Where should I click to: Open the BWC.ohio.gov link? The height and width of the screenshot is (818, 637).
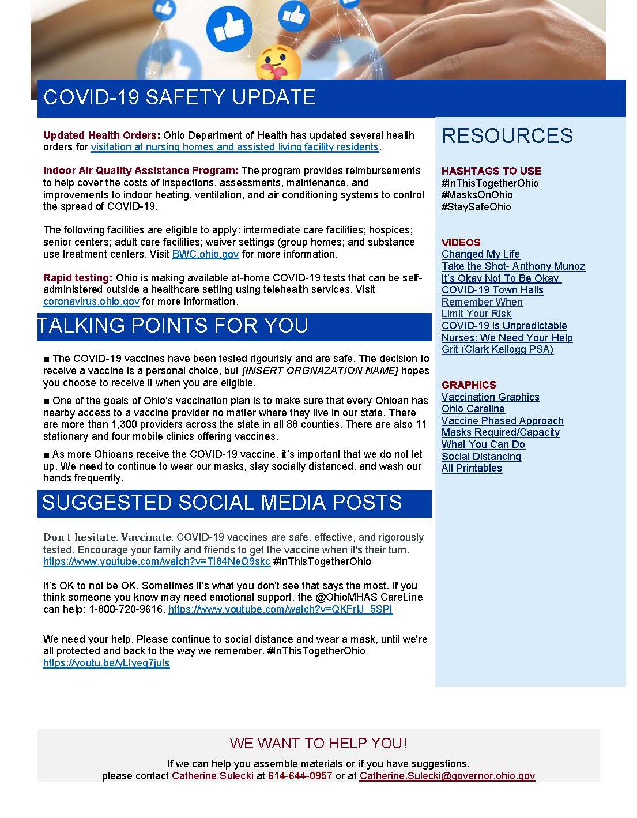coord(205,254)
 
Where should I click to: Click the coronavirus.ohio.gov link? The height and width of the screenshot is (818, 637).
coord(91,301)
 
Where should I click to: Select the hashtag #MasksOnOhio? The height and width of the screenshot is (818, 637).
coord(477,195)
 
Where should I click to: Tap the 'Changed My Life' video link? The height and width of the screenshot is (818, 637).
coord(480,254)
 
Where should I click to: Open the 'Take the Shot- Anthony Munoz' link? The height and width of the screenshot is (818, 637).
coord(513,266)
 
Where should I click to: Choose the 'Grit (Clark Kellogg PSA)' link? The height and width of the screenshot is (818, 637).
coord(497,349)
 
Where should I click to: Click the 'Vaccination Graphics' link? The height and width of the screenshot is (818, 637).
coord(490,397)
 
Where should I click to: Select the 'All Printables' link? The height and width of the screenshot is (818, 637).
coord(472,468)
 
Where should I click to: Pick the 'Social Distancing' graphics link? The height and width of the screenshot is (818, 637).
coord(481,457)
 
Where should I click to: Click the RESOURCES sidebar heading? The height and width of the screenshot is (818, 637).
coord(507,135)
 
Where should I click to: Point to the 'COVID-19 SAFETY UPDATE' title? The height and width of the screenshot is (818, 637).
coord(179,97)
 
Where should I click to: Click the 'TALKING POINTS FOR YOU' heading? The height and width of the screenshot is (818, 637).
coord(173,326)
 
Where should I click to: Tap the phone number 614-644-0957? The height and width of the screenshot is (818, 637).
coord(300,776)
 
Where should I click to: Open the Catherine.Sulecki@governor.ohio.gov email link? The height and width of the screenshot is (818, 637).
coord(447,776)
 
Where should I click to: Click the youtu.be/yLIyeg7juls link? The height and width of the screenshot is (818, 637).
coord(106,663)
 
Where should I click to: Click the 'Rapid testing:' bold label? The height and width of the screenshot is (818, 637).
coord(78,278)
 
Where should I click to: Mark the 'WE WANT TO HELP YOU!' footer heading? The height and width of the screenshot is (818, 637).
coord(318,743)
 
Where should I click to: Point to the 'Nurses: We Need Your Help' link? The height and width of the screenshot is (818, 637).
coord(507,338)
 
